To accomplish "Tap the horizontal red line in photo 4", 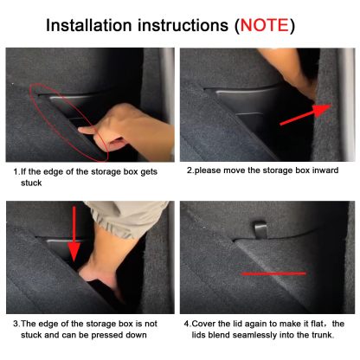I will (x=273, y=273).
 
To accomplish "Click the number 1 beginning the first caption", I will (x=16, y=171).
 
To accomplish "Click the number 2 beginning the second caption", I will (x=190, y=170).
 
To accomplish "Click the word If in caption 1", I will (x=23, y=171).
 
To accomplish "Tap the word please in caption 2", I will (x=207, y=170).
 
